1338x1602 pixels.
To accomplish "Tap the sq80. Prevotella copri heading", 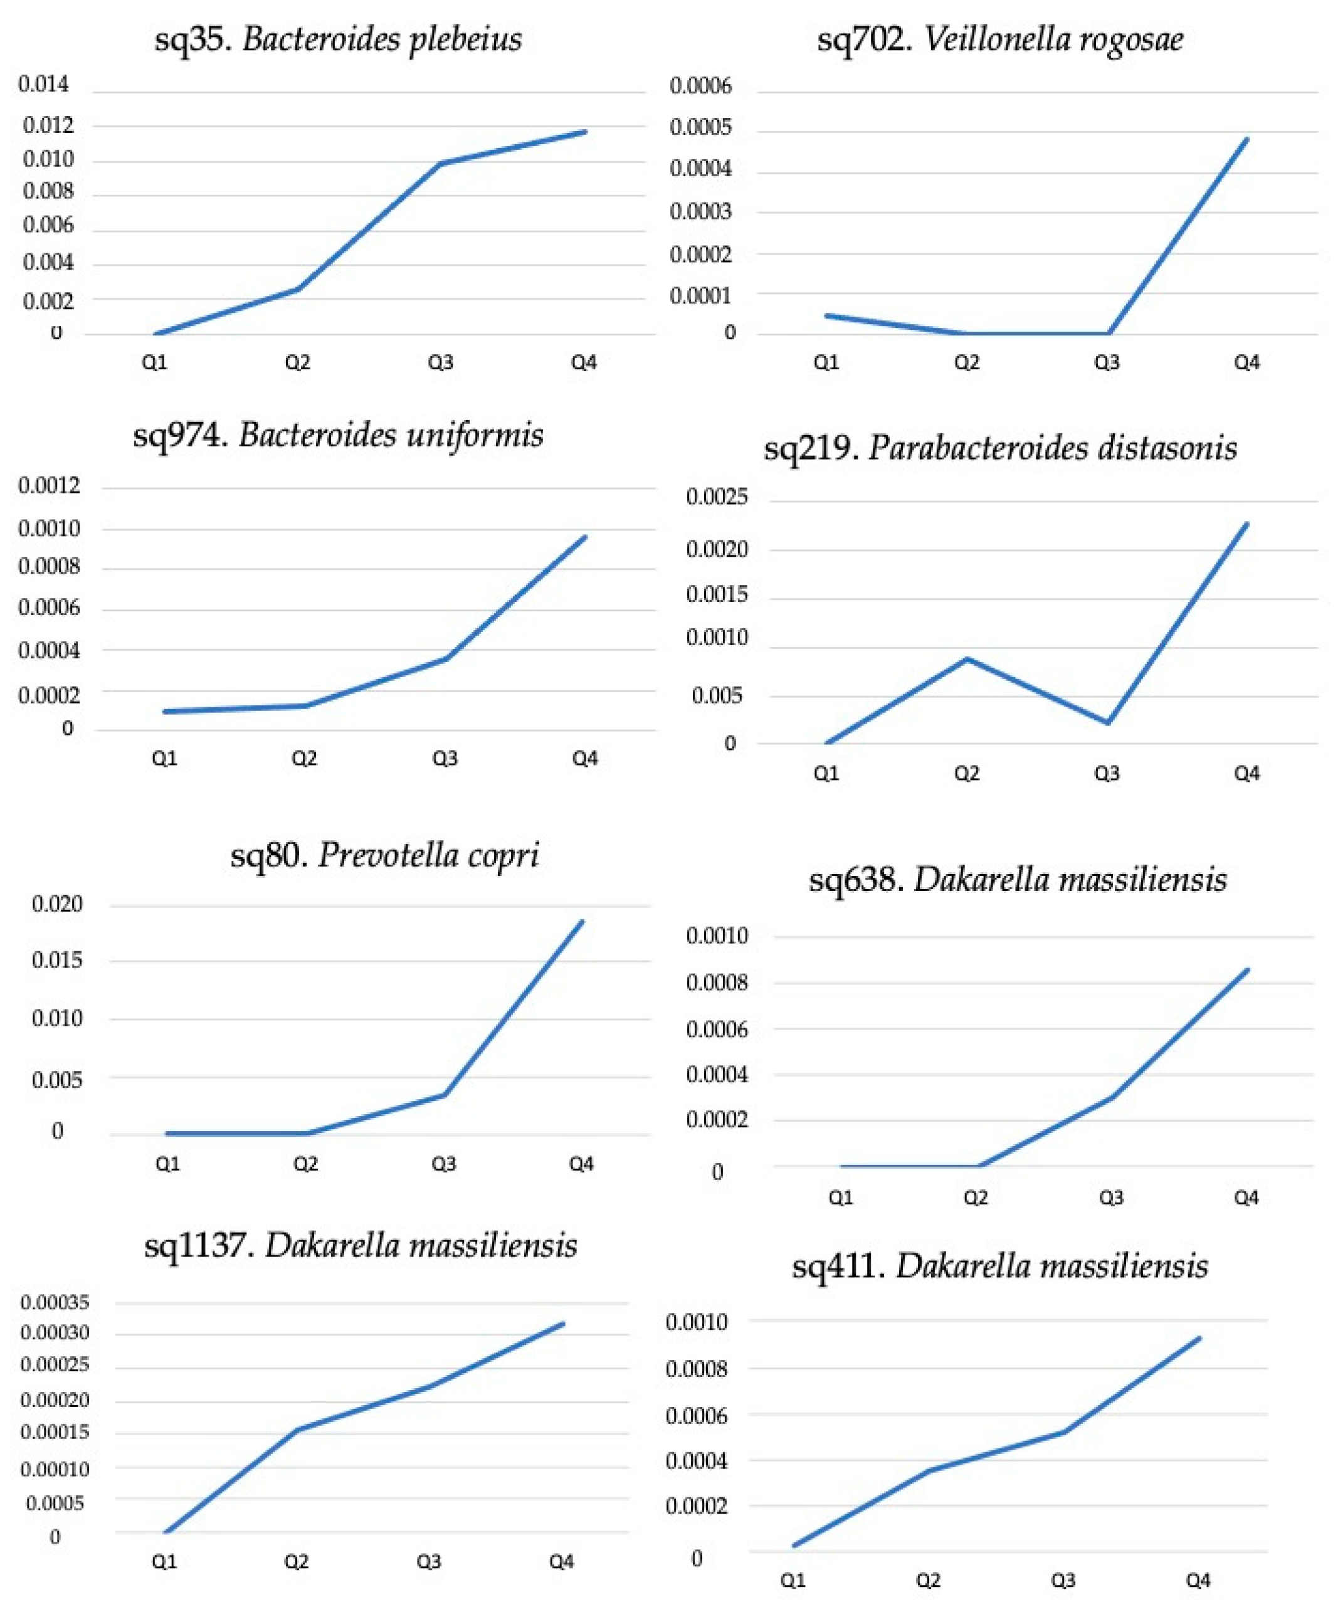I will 384,855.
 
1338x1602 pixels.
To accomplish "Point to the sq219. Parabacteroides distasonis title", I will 1000,448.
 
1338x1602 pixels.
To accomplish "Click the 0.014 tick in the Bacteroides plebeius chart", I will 43,85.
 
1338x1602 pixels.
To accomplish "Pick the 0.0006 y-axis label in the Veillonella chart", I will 700,86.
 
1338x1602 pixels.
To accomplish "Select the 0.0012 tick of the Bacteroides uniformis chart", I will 49,485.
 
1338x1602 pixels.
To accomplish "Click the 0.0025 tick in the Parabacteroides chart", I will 717,497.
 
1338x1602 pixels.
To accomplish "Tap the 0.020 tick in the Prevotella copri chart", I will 56,904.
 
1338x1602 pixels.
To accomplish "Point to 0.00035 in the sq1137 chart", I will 55,1302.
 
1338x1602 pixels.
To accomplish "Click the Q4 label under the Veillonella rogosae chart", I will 1246,362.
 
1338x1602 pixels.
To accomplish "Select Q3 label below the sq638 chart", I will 1110,1198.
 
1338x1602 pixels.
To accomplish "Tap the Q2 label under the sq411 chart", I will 927,1581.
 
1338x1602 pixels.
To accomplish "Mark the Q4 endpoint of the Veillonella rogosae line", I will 1247,139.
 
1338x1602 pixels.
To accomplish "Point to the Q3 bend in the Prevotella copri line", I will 445,1095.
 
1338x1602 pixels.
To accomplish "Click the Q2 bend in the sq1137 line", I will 297,1429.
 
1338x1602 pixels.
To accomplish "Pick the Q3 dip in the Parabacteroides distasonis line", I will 1108,723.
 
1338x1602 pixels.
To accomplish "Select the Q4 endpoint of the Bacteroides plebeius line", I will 586,131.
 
